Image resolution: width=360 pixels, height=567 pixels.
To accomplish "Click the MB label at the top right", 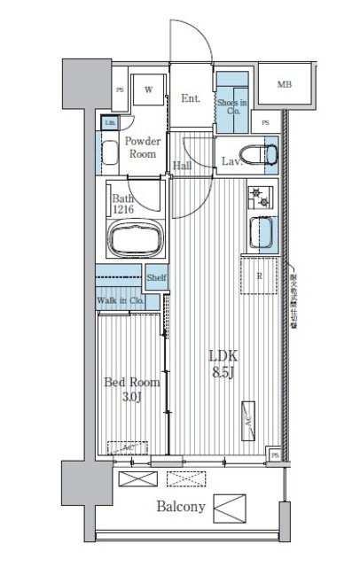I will tap(284, 85).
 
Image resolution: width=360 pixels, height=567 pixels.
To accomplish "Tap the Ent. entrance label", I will tap(191, 99).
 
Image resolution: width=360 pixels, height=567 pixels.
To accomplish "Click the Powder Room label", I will tap(141, 147).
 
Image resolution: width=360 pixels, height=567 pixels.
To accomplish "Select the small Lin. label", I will tap(110, 123).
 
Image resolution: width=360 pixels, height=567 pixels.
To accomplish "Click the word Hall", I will tap(184, 165).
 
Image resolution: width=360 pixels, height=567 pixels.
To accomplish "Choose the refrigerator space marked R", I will tap(259, 276).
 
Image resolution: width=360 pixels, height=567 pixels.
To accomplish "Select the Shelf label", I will tap(157, 277).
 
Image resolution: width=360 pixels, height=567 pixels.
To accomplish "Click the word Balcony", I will tap(181, 508).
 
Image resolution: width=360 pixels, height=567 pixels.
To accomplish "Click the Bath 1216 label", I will tap(123, 204).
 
